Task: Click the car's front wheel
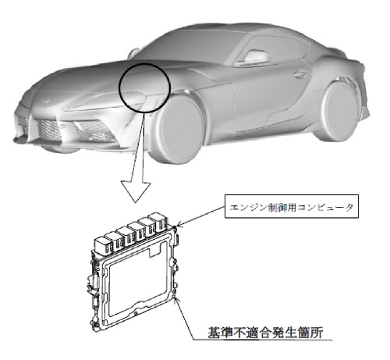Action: pos(177,130)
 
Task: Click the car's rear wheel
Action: pos(338,111)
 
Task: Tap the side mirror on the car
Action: pos(256,56)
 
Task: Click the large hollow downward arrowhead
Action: pos(135,191)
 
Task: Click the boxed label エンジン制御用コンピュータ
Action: pos(292,206)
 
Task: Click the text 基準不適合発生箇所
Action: pos(265,333)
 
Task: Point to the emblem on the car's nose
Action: pos(48,100)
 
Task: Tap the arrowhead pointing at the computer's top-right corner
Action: pos(179,226)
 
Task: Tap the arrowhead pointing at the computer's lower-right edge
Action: pos(178,301)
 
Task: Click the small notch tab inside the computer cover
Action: pos(155,252)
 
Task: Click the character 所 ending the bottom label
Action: pos(317,333)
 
